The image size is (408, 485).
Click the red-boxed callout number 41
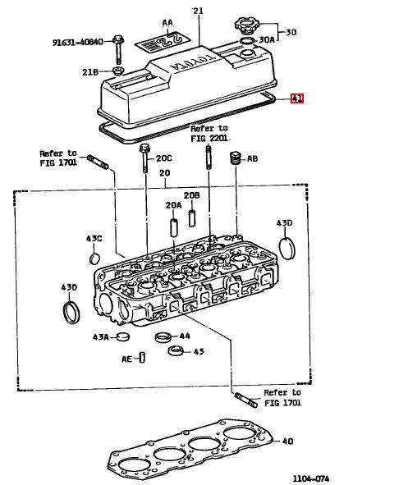pos(297,98)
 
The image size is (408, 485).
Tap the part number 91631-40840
pos(78,42)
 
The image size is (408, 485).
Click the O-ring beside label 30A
pos(247,40)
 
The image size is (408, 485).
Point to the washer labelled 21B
pos(117,71)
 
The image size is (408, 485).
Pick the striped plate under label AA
pos(163,42)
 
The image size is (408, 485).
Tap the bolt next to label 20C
pos(144,158)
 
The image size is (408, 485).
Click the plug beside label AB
pos(236,158)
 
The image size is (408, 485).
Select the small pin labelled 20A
pos(174,227)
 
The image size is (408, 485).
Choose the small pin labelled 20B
pos(192,218)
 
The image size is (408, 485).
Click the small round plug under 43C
pos(94,259)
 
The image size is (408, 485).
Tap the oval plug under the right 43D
pos(287,249)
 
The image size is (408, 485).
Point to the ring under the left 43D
pos(71,313)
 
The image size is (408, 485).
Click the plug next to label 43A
pos(123,336)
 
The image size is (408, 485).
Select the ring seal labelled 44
pos(163,336)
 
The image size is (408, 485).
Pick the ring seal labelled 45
pos(176,350)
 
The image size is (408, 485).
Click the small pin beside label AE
pos(142,357)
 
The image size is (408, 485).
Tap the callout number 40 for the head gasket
pos(287,441)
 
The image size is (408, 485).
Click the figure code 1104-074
pos(311,478)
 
